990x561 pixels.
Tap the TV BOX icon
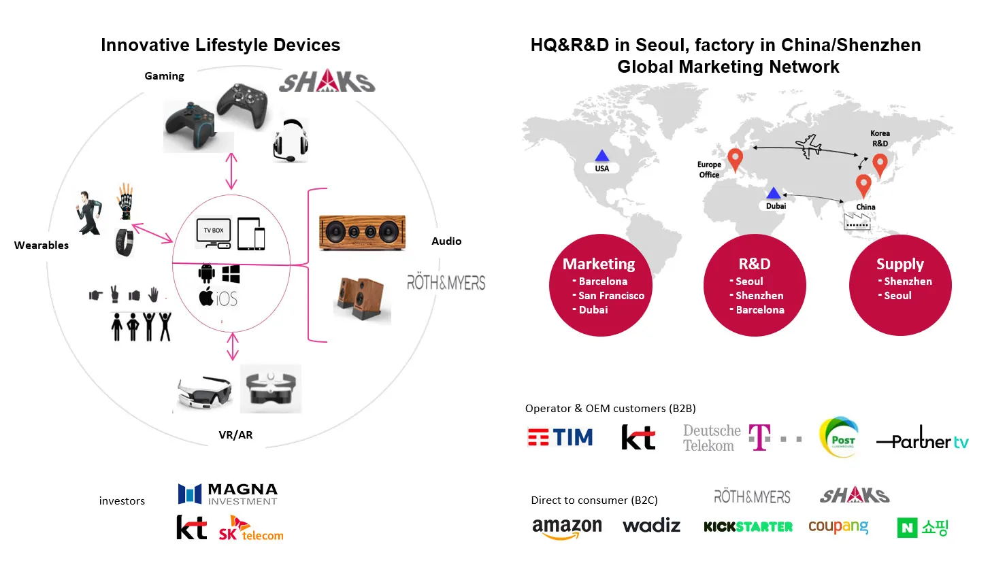click(x=214, y=231)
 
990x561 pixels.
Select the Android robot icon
click(x=206, y=274)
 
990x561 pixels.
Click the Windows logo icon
click(x=231, y=274)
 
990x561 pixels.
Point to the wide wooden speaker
click(x=363, y=233)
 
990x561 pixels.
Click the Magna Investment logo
click(x=228, y=494)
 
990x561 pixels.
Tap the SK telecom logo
click(x=250, y=528)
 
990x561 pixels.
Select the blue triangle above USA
click(x=601, y=156)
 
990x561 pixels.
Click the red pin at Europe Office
click(x=735, y=159)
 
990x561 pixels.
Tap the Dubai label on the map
click(x=776, y=205)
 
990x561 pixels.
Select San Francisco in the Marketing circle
click(x=611, y=296)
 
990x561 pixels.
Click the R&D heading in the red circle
click(x=754, y=264)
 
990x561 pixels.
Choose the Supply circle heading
click(x=900, y=264)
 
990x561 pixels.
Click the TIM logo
click(x=560, y=437)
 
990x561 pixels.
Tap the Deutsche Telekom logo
click(x=742, y=438)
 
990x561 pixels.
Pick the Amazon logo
click(x=567, y=528)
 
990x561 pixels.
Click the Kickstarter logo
click(x=748, y=526)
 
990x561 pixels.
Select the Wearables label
click(x=42, y=245)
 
